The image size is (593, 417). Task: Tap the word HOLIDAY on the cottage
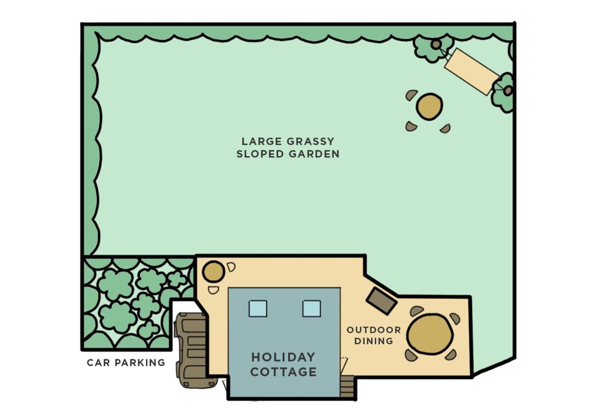(283, 357)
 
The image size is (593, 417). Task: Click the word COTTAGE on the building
(284, 372)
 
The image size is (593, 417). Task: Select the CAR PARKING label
(126, 362)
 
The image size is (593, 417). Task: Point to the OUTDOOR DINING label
(374, 335)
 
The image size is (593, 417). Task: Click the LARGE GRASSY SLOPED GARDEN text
(288, 147)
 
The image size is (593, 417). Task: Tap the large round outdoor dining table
(430, 334)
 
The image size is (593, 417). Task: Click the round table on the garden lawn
(429, 107)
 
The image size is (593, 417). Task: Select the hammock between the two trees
(472, 71)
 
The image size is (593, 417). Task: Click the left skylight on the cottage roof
(258, 309)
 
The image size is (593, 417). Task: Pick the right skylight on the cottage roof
(312, 309)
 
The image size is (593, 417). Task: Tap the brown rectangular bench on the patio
(381, 301)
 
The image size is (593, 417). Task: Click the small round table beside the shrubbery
(214, 272)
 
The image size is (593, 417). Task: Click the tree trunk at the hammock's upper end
(436, 44)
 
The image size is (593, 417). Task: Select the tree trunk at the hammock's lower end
(508, 91)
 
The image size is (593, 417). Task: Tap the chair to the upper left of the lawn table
(411, 95)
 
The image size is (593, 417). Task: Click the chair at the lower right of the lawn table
(446, 128)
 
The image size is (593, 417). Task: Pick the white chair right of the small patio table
(231, 267)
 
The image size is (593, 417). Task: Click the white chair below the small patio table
(214, 291)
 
